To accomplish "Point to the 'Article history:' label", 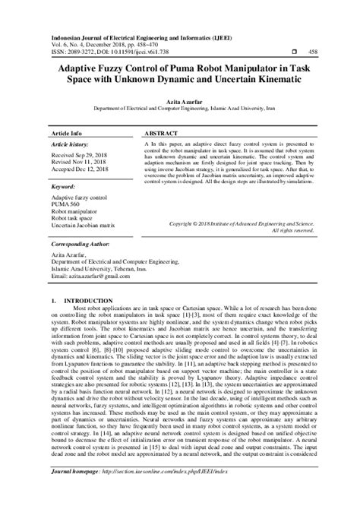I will click(74, 143).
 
